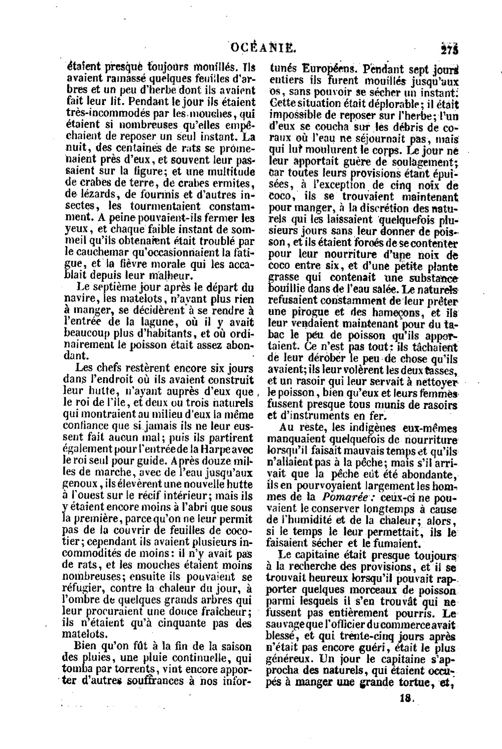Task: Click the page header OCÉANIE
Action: pyautogui.click(x=263, y=48)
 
